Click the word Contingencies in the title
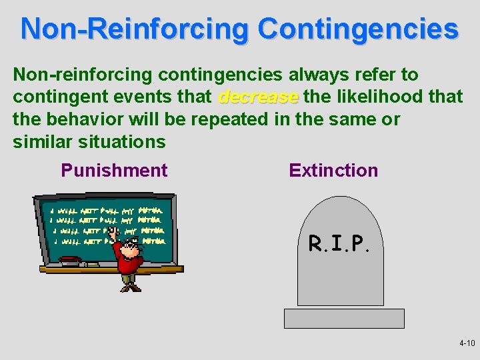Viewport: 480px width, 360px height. point(358,30)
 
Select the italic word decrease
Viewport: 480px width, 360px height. point(259,97)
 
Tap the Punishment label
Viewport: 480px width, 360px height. point(114,171)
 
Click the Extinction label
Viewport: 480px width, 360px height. point(333,171)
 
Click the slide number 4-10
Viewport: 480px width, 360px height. point(467,343)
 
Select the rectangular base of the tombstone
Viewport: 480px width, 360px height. point(344,318)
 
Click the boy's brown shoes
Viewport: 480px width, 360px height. point(131,287)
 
